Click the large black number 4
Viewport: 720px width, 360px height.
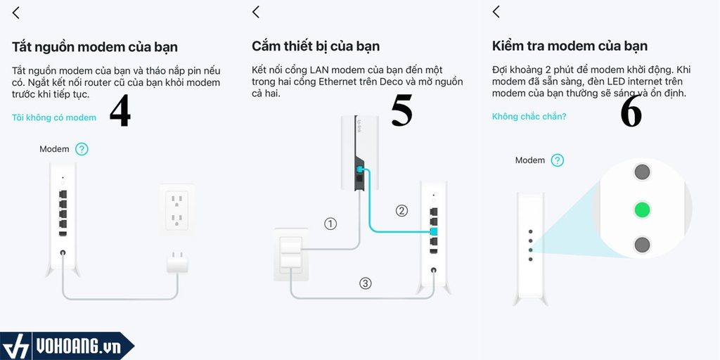pyautogui.click(x=120, y=111)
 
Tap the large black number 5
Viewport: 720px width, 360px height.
pyautogui.click(x=401, y=111)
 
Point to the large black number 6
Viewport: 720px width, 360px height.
pyautogui.click(x=631, y=112)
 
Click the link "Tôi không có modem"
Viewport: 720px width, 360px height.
pyautogui.click(x=54, y=117)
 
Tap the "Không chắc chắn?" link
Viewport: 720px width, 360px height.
pyautogui.click(x=529, y=116)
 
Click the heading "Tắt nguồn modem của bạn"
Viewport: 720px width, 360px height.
pyautogui.click(x=95, y=47)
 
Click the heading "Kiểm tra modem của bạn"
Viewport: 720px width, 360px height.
pyautogui.click(x=570, y=46)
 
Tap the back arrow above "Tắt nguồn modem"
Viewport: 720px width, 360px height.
pyautogui.click(x=16, y=12)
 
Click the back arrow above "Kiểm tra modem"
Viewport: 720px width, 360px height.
pyautogui.click(x=496, y=11)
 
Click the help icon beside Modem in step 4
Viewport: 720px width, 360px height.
pyautogui.click(x=82, y=149)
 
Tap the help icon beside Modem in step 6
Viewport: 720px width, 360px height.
pyautogui.click(x=558, y=160)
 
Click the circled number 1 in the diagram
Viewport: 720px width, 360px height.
pyautogui.click(x=330, y=224)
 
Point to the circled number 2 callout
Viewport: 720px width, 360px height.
pyautogui.click(x=401, y=210)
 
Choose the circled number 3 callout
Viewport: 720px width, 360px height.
pyautogui.click(x=365, y=283)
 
